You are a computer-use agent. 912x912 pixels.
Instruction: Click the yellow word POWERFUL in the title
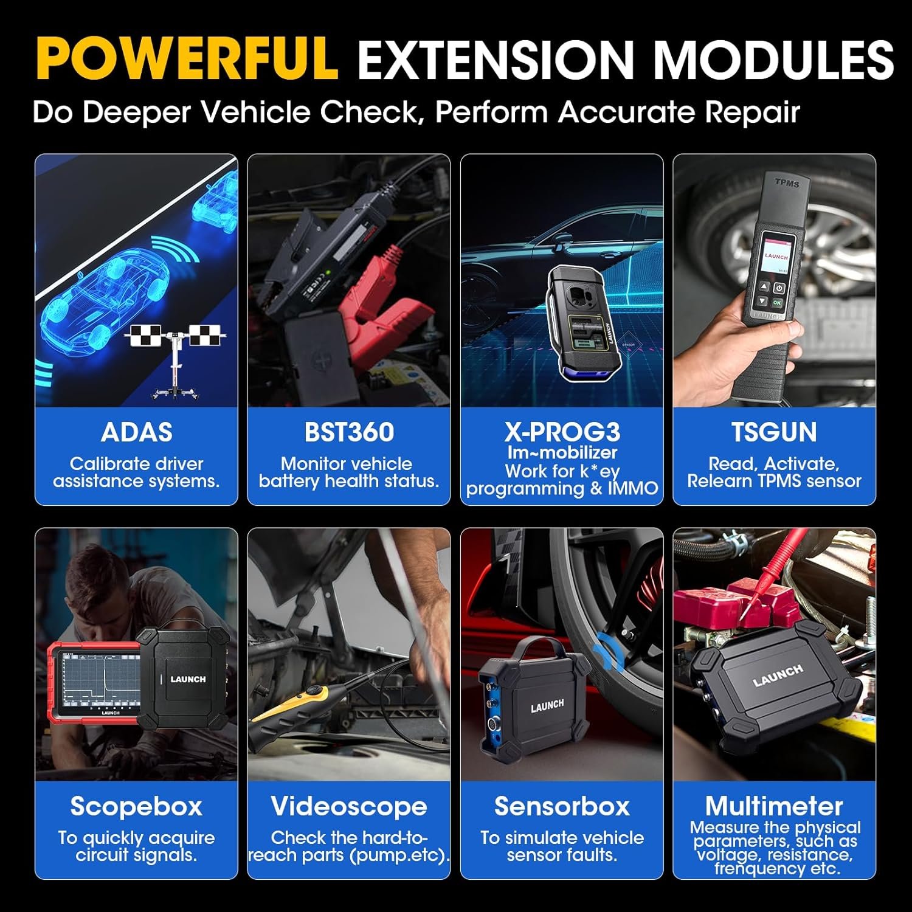tap(187, 59)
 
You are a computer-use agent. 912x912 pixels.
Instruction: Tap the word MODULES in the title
tap(772, 59)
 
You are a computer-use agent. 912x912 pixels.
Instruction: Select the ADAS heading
tap(136, 432)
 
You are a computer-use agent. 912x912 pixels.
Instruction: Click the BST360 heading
tap(349, 432)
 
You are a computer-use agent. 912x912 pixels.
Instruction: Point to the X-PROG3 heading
tap(562, 432)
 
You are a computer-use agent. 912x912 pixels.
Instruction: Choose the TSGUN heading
tap(774, 432)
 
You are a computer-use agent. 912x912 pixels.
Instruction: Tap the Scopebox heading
tap(136, 806)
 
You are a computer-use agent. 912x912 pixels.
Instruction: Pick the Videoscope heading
tap(349, 806)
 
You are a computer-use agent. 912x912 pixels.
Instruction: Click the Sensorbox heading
tap(562, 806)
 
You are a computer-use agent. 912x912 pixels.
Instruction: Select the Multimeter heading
tap(774, 806)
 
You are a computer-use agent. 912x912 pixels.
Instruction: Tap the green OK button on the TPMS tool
tap(778, 302)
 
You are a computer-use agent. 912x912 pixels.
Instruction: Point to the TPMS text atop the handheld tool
tap(787, 182)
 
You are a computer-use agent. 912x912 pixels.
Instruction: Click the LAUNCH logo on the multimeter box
tap(778, 675)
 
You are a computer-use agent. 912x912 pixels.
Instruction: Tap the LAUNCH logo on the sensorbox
tap(547, 705)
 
